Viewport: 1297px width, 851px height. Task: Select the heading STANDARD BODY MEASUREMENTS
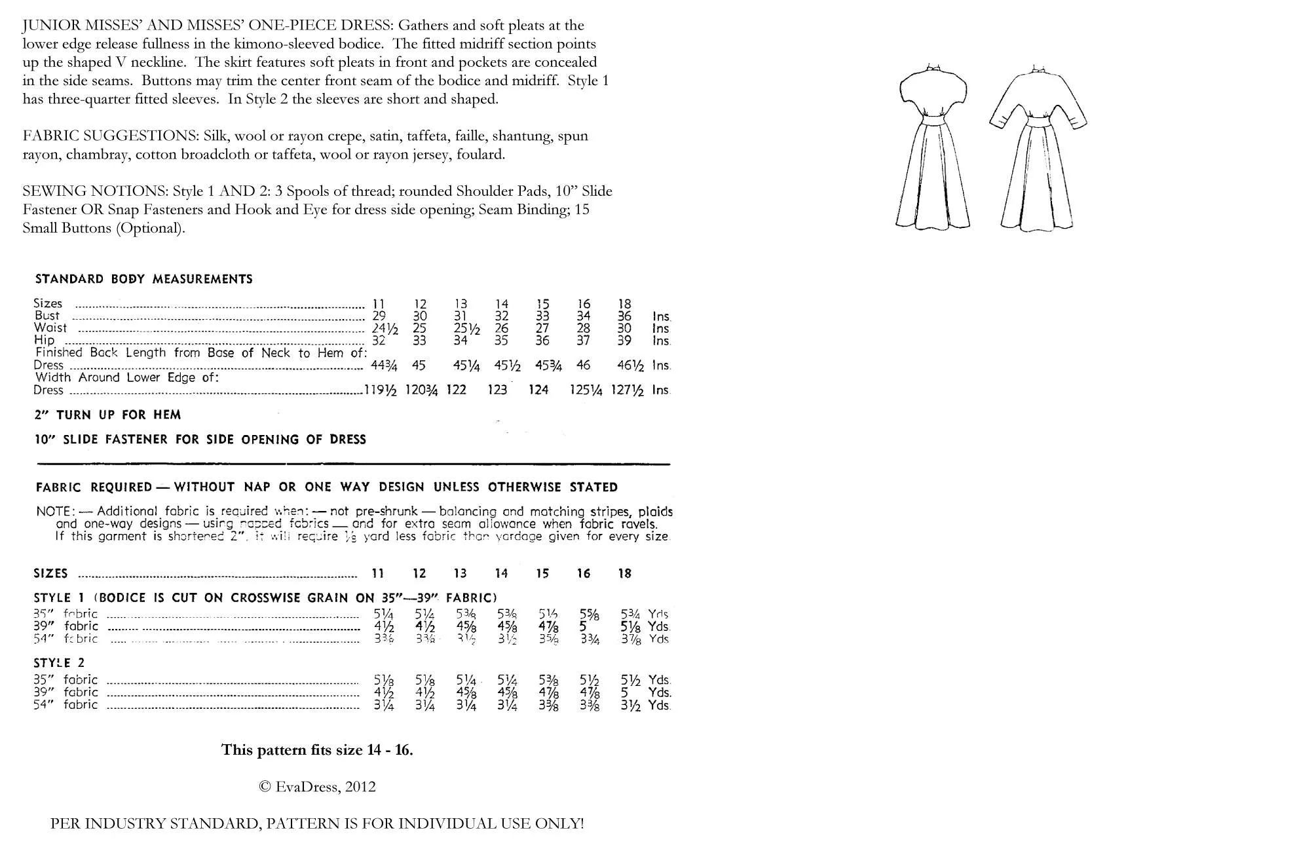click(143, 279)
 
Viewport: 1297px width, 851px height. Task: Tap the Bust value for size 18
click(624, 316)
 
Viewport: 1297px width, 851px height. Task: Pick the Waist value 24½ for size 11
click(385, 329)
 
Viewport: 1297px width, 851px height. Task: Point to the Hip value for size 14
click(501, 341)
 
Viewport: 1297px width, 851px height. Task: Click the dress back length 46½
click(630, 366)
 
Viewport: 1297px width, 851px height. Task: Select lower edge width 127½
click(627, 390)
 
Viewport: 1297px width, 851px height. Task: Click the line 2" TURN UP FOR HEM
click(107, 415)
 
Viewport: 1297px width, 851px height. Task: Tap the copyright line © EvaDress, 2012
click(317, 787)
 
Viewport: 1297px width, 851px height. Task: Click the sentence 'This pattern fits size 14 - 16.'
click(317, 749)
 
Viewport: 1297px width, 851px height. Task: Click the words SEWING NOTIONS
click(94, 191)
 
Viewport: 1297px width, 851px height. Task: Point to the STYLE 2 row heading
click(59, 663)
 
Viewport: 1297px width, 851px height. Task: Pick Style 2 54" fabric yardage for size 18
click(630, 706)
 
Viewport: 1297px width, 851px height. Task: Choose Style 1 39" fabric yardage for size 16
click(583, 626)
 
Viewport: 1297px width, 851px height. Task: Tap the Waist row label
click(50, 328)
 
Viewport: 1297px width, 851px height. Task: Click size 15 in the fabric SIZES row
click(542, 574)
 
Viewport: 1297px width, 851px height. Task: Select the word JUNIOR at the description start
click(49, 26)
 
